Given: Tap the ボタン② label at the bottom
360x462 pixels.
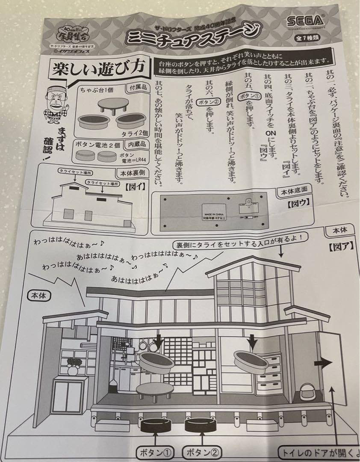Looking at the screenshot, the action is tap(201, 452).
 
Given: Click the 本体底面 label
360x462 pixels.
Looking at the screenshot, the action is tap(295, 191).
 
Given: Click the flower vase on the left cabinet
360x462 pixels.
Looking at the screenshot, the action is tap(71, 367).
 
